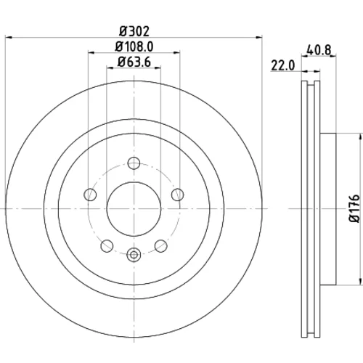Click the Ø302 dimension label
[134, 31]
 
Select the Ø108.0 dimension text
[134, 46]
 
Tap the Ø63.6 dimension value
[134, 62]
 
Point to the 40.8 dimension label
[319, 50]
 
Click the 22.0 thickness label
[283, 65]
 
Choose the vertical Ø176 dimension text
[355, 208]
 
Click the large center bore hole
[134, 208]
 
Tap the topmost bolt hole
[134, 163]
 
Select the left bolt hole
[90, 195]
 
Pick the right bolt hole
[178, 195]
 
